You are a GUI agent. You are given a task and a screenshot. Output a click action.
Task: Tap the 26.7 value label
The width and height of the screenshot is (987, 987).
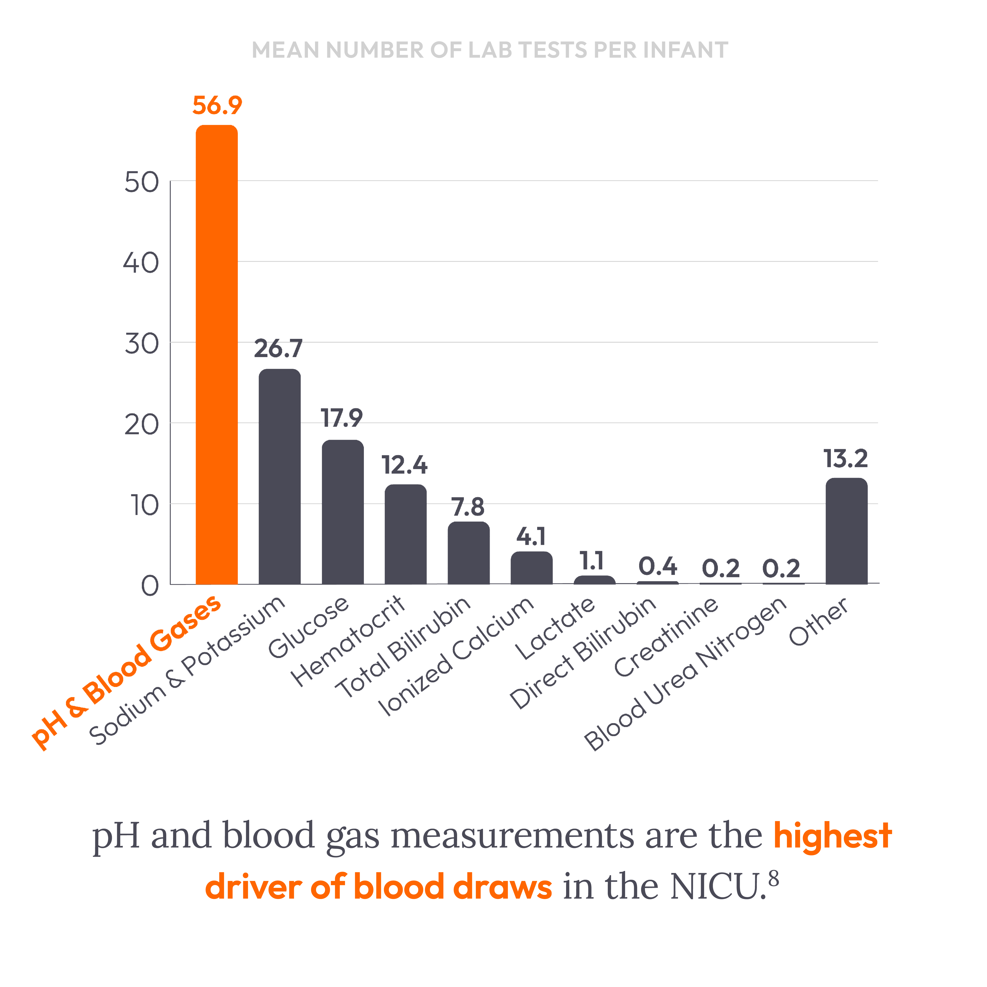[278, 349]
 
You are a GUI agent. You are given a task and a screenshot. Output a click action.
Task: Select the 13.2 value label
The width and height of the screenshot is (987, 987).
[846, 459]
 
